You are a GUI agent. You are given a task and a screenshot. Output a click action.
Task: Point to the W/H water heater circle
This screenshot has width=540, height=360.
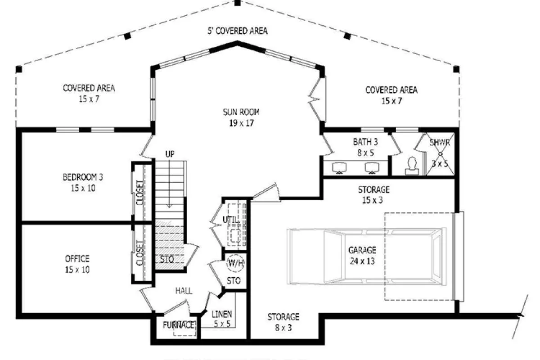tap(235, 263)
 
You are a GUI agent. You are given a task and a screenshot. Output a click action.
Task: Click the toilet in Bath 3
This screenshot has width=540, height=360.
tap(412, 166)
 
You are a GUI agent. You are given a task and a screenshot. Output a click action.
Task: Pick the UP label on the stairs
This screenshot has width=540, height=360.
tap(170, 154)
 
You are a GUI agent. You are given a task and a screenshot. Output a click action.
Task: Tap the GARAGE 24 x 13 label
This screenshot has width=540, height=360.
tap(362, 256)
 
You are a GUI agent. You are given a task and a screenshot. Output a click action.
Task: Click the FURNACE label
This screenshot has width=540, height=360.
tap(179, 325)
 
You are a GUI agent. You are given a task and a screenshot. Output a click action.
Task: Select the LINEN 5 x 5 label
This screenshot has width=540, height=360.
tap(222, 319)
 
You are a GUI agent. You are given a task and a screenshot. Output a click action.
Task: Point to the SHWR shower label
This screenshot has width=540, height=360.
tap(440, 143)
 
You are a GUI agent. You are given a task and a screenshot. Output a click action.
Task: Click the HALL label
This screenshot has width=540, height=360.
tap(184, 291)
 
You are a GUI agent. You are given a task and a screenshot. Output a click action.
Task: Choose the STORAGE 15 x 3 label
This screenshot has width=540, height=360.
tap(373, 195)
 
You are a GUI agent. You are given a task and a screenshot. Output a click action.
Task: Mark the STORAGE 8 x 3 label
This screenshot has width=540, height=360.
tap(283, 322)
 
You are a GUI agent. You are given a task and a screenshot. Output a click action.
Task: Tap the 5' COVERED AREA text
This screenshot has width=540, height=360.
tap(238, 31)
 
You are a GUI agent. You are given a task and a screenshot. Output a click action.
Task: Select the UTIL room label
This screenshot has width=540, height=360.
tap(231, 220)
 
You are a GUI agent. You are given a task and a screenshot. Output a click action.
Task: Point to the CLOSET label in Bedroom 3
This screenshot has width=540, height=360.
tap(140, 193)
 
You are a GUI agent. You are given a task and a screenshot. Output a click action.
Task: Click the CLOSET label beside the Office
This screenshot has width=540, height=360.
tap(140, 253)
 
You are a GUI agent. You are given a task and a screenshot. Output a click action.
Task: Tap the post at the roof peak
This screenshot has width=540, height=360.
tap(238, 3)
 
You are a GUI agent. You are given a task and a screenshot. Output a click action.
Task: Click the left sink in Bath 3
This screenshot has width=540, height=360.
tap(339, 168)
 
